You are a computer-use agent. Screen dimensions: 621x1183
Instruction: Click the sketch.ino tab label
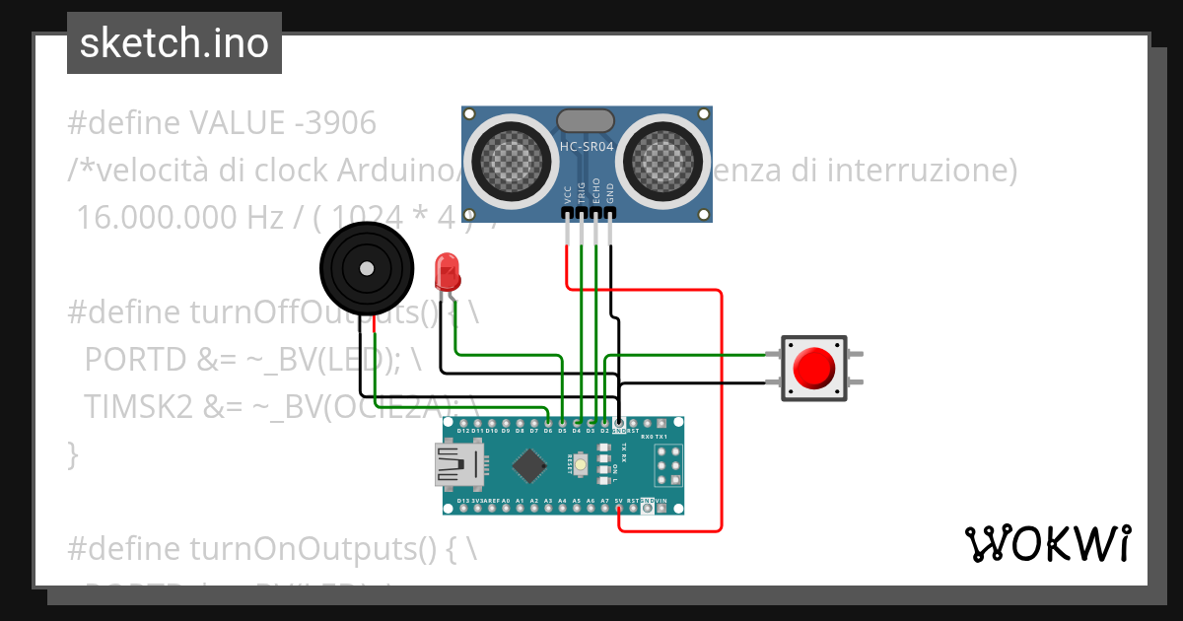[x=174, y=43]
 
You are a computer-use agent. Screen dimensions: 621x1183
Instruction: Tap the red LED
[x=447, y=269]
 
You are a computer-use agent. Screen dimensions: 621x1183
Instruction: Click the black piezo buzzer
[x=366, y=268]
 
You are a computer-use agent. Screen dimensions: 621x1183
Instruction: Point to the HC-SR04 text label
[x=587, y=147]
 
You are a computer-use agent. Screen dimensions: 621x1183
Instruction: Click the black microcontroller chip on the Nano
[x=531, y=464]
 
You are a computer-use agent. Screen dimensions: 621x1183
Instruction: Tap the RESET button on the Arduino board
[x=583, y=464]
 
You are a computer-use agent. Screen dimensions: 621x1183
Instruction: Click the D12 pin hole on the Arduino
[x=463, y=423]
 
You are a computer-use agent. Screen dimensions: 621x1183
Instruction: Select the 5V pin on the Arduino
[x=618, y=508]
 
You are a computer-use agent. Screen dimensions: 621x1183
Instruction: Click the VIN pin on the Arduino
[x=661, y=508]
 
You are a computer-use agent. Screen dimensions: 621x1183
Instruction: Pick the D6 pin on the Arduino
[x=548, y=423]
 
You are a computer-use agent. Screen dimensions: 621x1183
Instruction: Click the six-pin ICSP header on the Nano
[x=667, y=464]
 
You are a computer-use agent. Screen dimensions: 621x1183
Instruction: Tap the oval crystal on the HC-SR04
[x=586, y=120]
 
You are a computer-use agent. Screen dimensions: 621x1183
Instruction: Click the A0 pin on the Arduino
[x=506, y=508]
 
